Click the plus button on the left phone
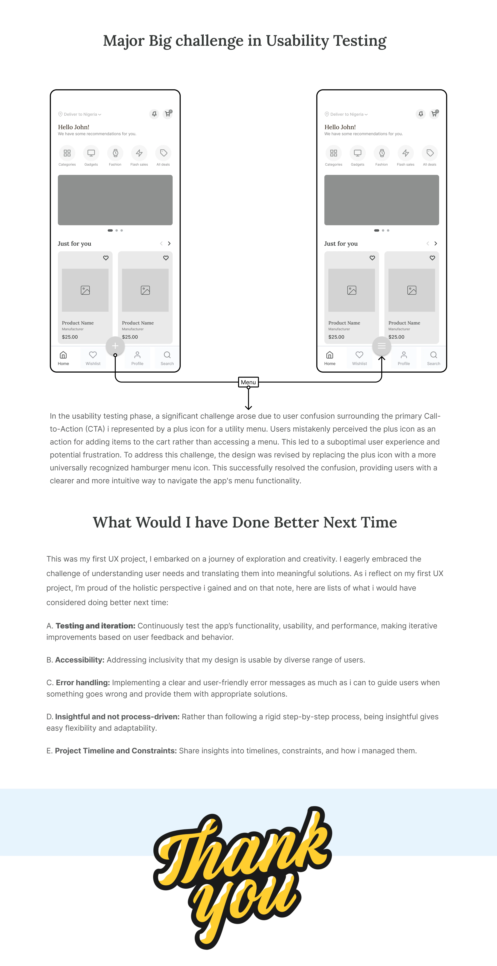[x=115, y=346]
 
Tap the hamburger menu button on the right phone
[x=382, y=346]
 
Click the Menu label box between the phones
[x=248, y=382]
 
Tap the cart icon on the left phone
[x=168, y=114]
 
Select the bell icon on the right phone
[x=421, y=114]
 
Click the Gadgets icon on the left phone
[x=91, y=153]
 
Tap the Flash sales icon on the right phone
[x=406, y=153]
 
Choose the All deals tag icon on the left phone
[x=163, y=153]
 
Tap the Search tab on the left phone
[x=167, y=358]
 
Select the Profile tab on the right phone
[x=404, y=358]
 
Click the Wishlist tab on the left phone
[x=93, y=358]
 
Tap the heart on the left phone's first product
[x=106, y=258]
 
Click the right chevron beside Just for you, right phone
[x=436, y=243]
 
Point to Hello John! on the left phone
[x=73, y=127]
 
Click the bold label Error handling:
[x=83, y=683]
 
